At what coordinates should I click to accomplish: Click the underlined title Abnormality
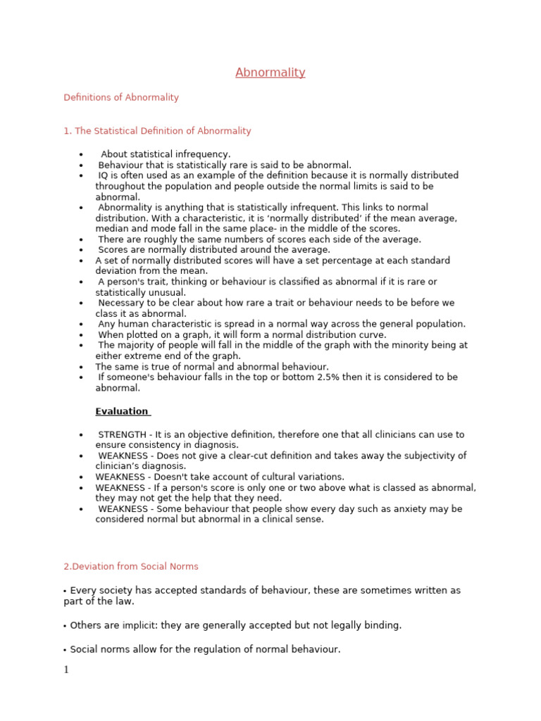(270, 73)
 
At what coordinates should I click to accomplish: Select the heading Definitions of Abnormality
(121, 98)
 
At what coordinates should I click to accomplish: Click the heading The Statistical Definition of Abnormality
(157, 131)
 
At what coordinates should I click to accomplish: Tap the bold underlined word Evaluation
(122, 411)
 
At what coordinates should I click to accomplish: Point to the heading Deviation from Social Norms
(131, 566)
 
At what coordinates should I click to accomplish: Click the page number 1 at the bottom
(66, 670)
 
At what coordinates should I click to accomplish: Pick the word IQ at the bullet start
(104, 175)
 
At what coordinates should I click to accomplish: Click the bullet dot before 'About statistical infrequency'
(82, 155)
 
